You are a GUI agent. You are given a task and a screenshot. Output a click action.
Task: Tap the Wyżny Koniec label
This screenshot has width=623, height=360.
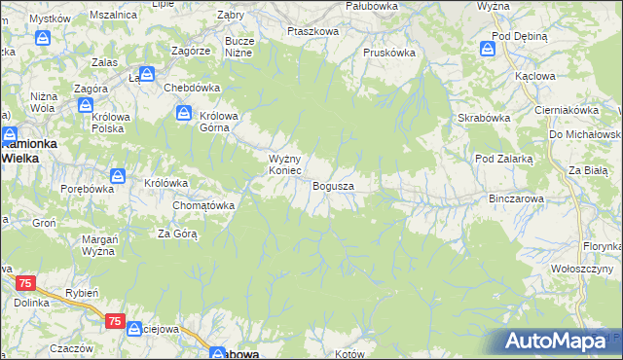[290, 164]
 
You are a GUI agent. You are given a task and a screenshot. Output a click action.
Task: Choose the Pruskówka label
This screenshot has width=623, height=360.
[389, 54]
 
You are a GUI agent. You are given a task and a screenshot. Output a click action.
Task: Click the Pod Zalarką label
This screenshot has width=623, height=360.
[503, 158]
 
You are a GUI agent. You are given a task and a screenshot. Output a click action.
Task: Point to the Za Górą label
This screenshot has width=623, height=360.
[178, 234]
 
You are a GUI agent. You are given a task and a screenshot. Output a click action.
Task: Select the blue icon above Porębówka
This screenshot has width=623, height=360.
[117, 176]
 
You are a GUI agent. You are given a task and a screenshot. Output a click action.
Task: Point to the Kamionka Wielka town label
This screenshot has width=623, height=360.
[29, 149]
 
